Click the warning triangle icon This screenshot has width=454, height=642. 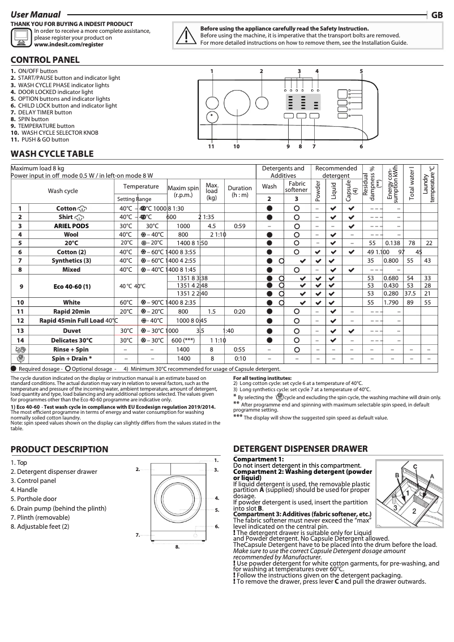coord(185,35)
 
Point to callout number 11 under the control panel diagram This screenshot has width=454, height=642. coord(211,147)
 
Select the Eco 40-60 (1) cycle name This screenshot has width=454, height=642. coord(71,286)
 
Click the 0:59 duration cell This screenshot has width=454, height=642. coord(239,225)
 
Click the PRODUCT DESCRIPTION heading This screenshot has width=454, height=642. coord(59,450)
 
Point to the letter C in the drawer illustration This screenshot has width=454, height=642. coord(415,466)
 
